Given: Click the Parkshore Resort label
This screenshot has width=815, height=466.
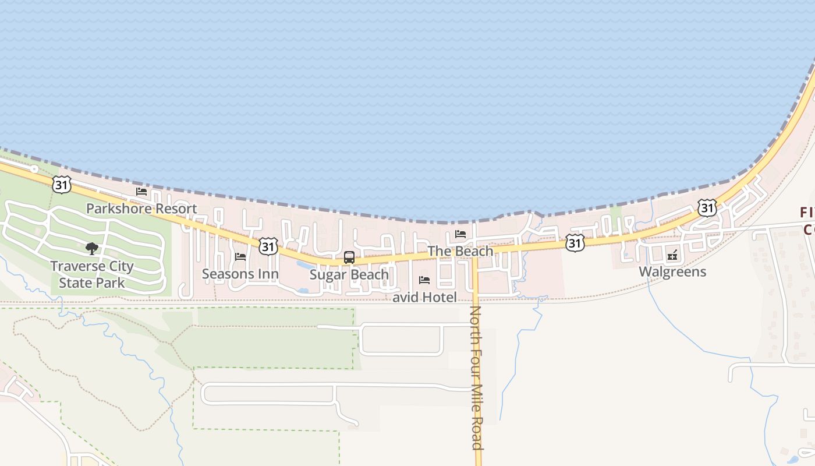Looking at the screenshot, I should pos(141,209).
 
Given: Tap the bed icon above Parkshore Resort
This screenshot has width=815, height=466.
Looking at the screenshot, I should pos(141,192).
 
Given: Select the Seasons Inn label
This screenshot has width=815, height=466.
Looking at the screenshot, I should pos(240,274).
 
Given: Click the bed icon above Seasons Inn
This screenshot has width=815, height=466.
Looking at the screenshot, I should pos(240,257).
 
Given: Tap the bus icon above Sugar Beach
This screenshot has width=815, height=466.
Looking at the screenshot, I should pos(349,257).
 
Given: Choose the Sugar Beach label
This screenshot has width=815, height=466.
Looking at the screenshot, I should pos(349,274).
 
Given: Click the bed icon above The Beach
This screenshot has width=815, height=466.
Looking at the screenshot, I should pos(460,234).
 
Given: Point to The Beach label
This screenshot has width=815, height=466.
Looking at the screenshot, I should pos(460,251).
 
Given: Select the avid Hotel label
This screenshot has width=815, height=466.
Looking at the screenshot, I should pos(424,298).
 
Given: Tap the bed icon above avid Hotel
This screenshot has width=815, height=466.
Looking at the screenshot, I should pos(424,280).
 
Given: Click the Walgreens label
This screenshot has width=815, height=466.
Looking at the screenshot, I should pos(672,272).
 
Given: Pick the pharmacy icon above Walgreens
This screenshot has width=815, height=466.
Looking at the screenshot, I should pos(672,255).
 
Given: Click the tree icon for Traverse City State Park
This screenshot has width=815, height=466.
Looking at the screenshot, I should pos(91,249).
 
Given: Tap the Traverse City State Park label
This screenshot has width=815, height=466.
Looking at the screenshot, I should pos(91,274).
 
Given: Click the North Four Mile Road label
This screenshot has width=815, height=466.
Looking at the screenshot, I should pos(477,377).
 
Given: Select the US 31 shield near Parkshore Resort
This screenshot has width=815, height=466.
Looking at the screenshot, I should pos(61,185).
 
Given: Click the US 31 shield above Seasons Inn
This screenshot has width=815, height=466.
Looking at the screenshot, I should pos(268,246).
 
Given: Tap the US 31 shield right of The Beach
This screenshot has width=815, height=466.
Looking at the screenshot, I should pos(575,243).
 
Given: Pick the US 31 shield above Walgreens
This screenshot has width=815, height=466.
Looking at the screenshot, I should pos(707,208).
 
